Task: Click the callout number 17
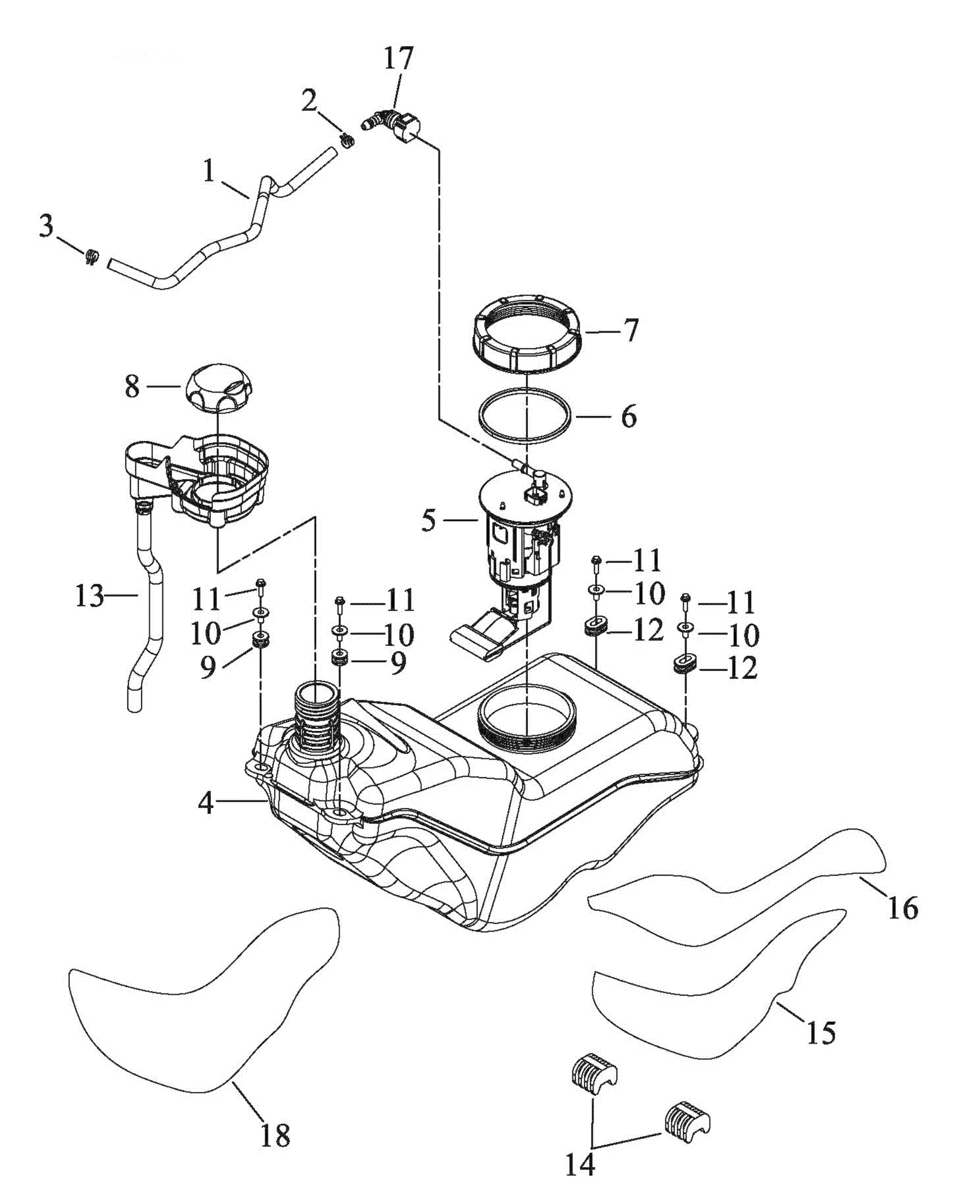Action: click(x=399, y=58)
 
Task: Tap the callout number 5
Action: click(x=428, y=521)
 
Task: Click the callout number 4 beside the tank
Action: click(x=206, y=804)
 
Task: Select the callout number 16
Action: click(x=903, y=908)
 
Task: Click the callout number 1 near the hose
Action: click(x=209, y=171)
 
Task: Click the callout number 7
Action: click(x=630, y=330)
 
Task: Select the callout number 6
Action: click(x=629, y=416)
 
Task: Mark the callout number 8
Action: click(x=132, y=386)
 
